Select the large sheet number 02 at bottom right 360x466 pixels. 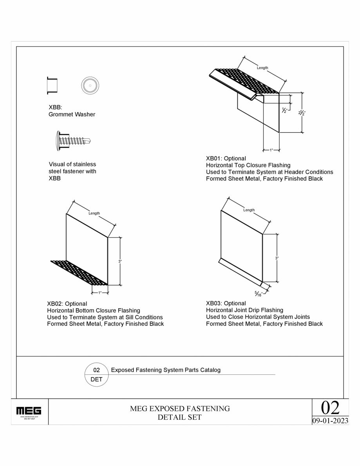tap(330, 408)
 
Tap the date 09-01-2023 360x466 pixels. tap(330, 421)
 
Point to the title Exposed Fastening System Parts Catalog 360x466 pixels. tap(166, 370)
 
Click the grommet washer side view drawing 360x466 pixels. tap(52, 85)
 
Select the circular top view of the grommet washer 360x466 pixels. tap(90, 85)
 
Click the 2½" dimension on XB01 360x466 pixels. tap(302, 113)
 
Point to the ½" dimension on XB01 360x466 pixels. tap(285, 110)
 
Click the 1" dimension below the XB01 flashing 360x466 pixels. tap(271, 150)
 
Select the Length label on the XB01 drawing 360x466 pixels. tap(262, 68)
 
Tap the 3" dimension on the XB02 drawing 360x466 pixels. tap(120, 261)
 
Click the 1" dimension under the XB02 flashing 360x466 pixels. tap(100, 293)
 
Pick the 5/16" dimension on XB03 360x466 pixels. tap(259, 293)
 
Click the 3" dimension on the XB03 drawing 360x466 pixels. tap(277, 258)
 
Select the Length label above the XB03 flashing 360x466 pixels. tap(249, 210)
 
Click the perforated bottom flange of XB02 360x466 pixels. tap(78, 272)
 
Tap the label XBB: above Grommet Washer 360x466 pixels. tap(55, 107)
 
